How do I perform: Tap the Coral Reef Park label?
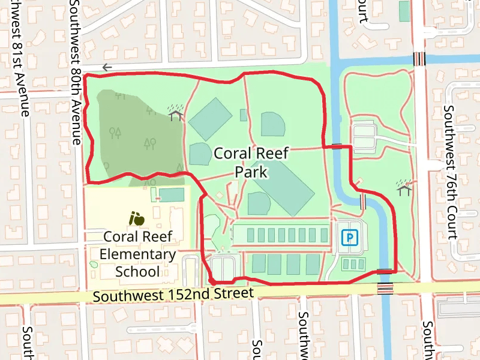click(x=251, y=163)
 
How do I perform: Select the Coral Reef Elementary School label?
click(x=137, y=254)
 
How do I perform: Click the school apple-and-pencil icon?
click(x=137, y=218)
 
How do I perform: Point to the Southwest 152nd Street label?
click(x=174, y=294)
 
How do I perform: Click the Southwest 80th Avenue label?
click(x=76, y=72)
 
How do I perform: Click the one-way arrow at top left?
click(x=107, y=67)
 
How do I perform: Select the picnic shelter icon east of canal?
click(x=404, y=188)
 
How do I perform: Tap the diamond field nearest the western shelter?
click(x=210, y=119)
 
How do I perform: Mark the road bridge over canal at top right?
click(x=419, y=59)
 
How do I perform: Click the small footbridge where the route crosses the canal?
click(x=337, y=145)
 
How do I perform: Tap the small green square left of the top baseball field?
click(x=243, y=115)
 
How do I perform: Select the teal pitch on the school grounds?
click(x=172, y=195)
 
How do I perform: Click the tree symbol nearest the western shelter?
click(x=152, y=110)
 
